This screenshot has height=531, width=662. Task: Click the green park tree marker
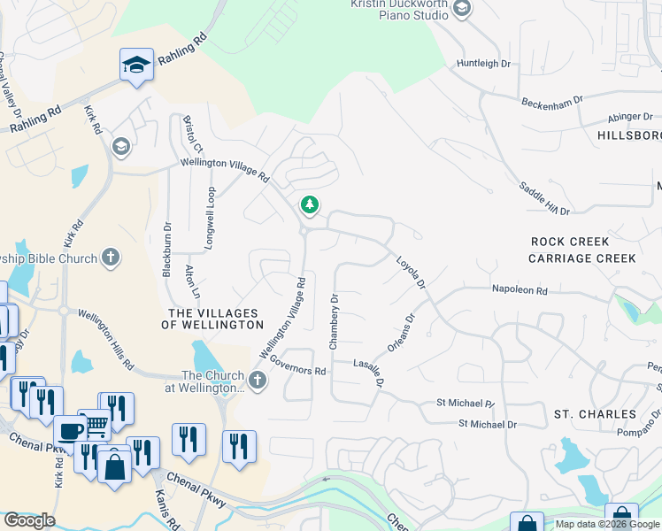pos(309,205)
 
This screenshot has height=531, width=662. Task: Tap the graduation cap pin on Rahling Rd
pos(136,65)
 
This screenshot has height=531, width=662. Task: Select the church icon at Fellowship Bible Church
pos(110,258)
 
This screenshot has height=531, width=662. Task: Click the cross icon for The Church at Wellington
pos(258,381)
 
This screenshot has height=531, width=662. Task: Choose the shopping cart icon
pos(96,426)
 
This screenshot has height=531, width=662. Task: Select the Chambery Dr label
pos(334,322)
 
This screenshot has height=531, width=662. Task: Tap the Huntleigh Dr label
pos(484,64)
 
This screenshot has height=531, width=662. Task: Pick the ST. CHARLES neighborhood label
pos(595,414)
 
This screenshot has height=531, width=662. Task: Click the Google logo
pos(29,520)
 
